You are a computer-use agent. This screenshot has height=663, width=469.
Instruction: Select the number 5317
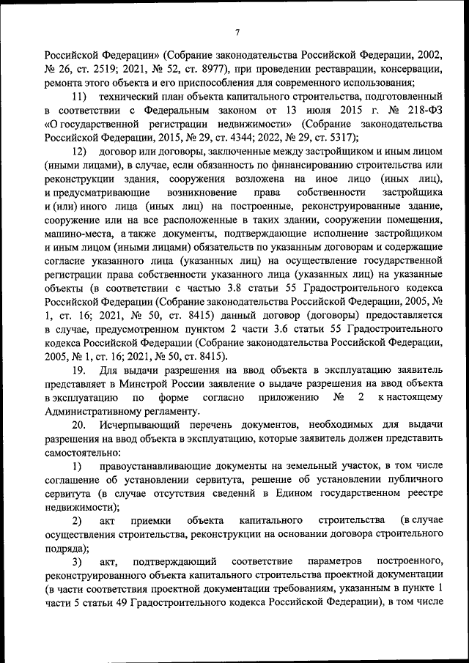pyautogui.click(x=336, y=137)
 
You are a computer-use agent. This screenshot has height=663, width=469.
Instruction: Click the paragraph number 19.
pyautogui.click(x=79, y=371)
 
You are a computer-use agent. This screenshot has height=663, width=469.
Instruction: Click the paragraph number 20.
pyautogui.click(x=79, y=425)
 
